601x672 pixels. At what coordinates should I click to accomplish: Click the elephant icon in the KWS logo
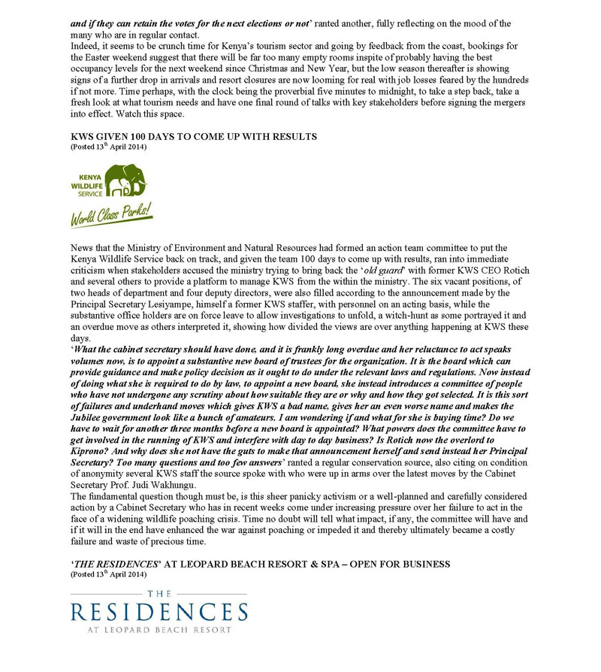click(x=127, y=180)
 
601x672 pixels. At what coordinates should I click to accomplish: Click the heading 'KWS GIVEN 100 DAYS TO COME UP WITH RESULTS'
click(x=194, y=136)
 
